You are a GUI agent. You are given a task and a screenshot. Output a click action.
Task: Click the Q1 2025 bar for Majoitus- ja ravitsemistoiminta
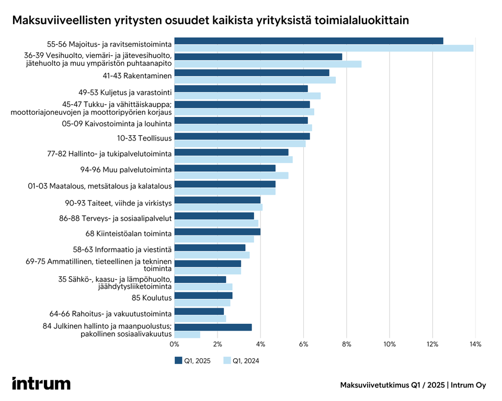click(x=309, y=41)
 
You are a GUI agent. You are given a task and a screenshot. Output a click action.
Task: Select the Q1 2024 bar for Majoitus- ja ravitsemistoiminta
click(x=324, y=49)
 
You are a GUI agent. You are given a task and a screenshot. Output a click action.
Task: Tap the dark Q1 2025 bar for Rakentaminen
click(x=252, y=73)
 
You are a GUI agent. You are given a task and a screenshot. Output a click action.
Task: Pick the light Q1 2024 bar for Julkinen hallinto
click(x=187, y=335)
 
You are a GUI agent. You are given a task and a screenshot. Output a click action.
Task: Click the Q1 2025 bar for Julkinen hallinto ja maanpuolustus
click(x=213, y=327)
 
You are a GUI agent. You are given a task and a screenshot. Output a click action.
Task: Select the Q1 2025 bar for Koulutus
click(x=203, y=296)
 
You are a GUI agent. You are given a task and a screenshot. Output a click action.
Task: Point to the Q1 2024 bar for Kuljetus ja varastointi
click(x=247, y=96)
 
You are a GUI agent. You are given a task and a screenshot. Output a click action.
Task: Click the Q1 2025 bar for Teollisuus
click(x=242, y=136)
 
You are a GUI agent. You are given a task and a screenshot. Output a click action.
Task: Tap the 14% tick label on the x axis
click(x=475, y=344)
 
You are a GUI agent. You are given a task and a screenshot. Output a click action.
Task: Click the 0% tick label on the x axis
click(x=175, y=344)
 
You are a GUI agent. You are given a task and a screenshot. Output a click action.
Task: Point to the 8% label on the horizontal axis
click(x=346, y=344)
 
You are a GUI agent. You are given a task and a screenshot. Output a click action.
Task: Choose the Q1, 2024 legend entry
click(x=241, y=361)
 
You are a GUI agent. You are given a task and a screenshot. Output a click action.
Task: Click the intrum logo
click(x=41, y=383)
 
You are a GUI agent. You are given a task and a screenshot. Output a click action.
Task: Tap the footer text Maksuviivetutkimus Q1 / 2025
click(x=392, y=385)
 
